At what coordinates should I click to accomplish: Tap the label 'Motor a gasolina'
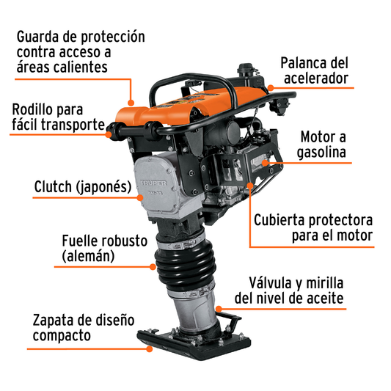pyautogui.click(x=323, y=145)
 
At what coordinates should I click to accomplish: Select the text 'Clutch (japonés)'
pyautogui.click(x=81, y=186)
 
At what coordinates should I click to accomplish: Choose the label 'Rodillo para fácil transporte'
pyautogui.click(x=59, y=117)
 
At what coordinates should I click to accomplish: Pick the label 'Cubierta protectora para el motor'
pyautogui.click(x=313, y=227)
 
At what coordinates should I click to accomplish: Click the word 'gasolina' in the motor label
pyautogui.click(x=323, y=153)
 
